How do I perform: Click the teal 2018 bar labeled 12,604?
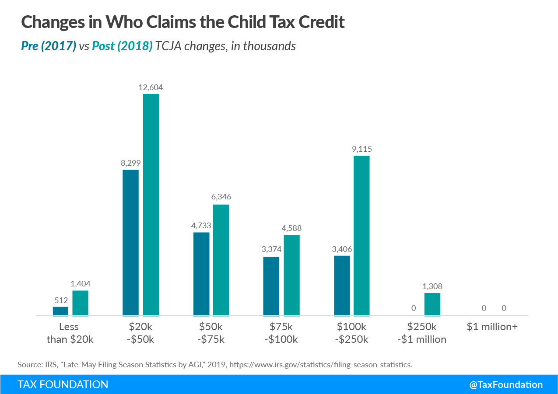(x=151, y=205)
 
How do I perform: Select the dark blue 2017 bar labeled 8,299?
(x=130, y=242)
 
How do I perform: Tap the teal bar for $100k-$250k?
(x=361, y=235)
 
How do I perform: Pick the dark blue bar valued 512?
(x=60, y=311)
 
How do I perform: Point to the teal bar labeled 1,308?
(x=432, y=304)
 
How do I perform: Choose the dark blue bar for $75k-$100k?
(x=271, y=286)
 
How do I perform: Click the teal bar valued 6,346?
(x=221, y=260)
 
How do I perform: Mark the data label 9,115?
(x=361, y=149)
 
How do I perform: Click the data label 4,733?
(x=201, y=226)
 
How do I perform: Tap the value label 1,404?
(x=81, y=284)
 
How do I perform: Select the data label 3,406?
(x=342, y=249)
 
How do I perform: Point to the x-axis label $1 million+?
(x=492, y=327)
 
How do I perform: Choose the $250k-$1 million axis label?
(x=422, y=333)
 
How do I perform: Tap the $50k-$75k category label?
(x=211, y=333)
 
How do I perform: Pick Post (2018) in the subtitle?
(x=122, y=46)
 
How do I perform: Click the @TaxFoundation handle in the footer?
(x=506, y=385)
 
